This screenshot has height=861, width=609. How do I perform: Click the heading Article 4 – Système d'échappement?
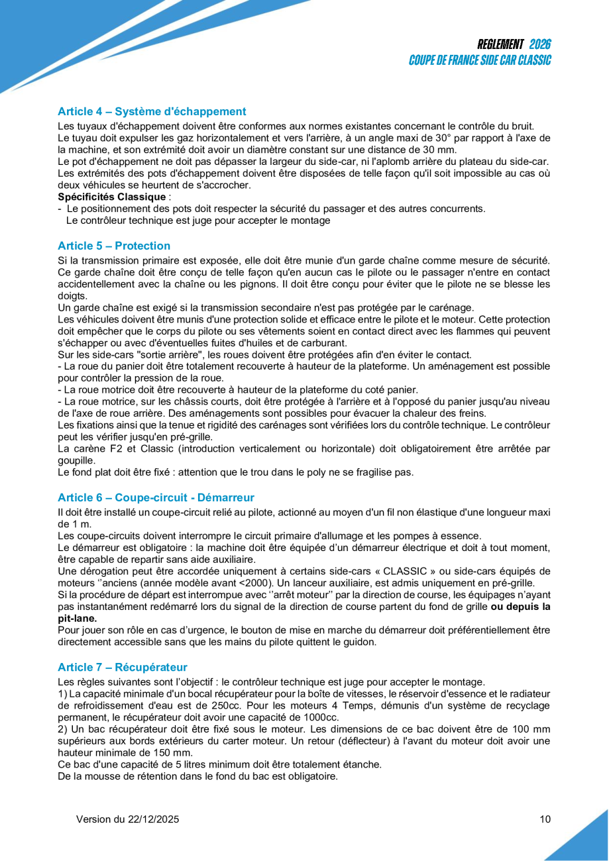coord(152,112)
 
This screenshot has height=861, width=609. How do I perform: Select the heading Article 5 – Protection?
coord(114,246)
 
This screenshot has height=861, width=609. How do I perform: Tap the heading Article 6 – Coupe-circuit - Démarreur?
coord(156,497)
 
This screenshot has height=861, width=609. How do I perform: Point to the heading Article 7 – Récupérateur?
coord(123,668)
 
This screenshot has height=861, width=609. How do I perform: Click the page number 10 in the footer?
coord(545,819)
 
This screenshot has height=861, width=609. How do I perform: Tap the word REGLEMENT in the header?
coord(501,44)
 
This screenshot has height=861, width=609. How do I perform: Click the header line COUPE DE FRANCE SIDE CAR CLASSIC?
coord(480,60)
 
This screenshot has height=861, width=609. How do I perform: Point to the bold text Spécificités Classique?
coord(111,197)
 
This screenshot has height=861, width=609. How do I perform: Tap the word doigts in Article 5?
coord(72,296)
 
